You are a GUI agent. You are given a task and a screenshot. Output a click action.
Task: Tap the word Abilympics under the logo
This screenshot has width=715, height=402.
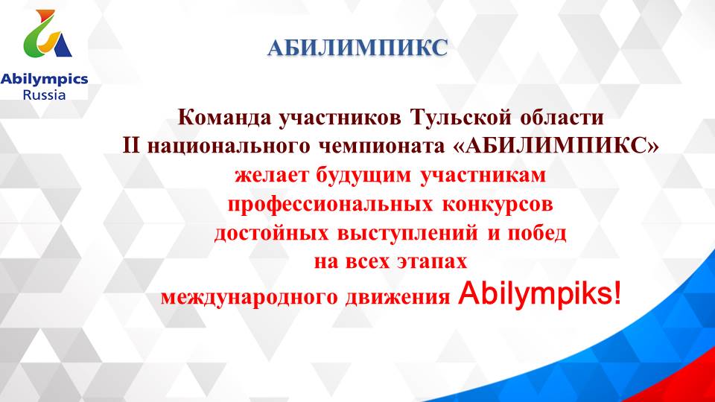click(45, 80)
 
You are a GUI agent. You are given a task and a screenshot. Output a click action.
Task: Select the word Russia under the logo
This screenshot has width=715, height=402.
click(45, 95)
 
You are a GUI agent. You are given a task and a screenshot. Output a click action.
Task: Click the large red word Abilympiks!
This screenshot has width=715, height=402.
click(539, 294)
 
